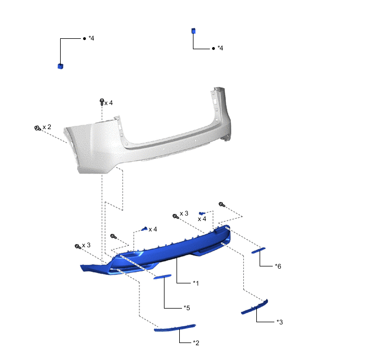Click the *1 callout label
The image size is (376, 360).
point(196,283)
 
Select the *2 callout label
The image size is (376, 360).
point(196,342)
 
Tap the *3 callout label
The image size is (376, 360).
point(279,322)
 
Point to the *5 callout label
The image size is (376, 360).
point(186,307)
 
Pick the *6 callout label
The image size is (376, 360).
point(278,266)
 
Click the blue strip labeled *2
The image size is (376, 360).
point(175,328)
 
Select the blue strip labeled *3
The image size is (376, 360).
point(255,307)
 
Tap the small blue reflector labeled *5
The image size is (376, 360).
point(162,277)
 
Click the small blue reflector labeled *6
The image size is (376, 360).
point(258,250)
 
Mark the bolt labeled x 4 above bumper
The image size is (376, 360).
point(102,102)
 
